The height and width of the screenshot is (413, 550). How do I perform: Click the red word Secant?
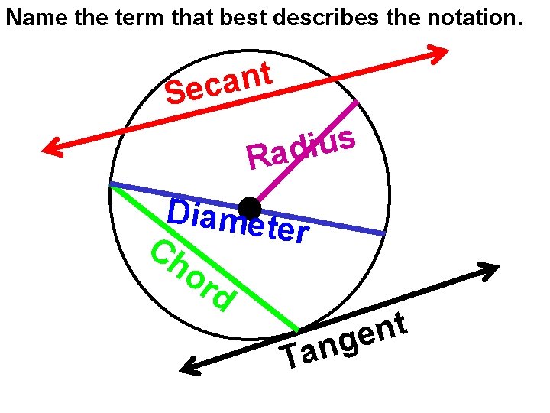(x=219, y=83)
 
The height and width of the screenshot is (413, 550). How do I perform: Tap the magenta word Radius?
(x=300, y=148)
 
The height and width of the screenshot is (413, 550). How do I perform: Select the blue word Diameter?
(x=238, y=220)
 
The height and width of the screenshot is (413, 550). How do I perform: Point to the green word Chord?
(x=191, y=276)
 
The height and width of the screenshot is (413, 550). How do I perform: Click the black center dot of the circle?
(x=250, y=208)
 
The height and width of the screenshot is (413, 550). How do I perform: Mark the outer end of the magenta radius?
(x=356, y=101)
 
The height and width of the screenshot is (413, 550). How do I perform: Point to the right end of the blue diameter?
(x=383, y=233)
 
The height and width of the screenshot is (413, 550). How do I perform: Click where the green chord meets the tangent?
(x=296, y=330)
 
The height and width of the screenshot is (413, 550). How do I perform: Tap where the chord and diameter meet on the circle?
(x=112, y=184)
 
